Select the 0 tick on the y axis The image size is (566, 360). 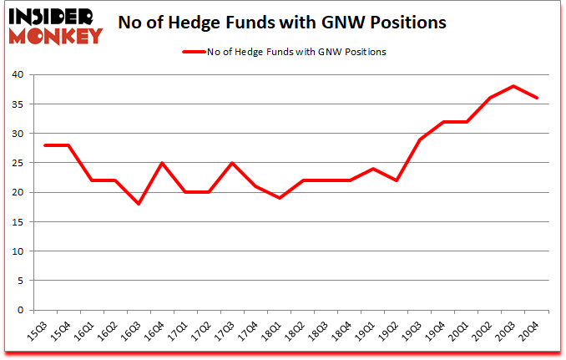coord(21,311)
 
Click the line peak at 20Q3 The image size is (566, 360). coord(513,86)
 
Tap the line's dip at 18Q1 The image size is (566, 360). coord(280,198)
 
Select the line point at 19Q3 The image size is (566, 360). coord(420,139)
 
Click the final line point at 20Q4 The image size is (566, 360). coord(537,98)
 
